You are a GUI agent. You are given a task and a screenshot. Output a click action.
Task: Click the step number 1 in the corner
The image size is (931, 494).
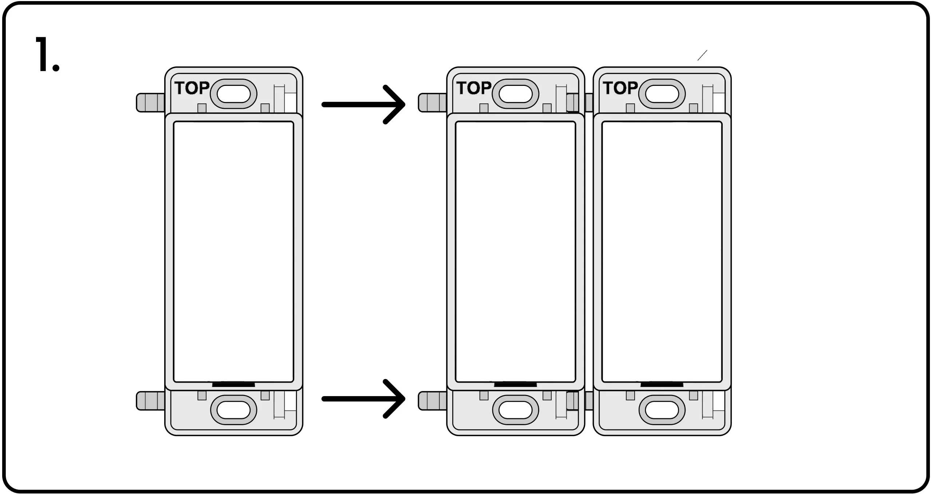click(x=47, y=55)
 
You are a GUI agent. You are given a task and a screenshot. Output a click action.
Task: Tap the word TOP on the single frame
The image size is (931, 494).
click(x=192, y=88)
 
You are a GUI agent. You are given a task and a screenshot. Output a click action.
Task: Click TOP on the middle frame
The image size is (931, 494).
click(x=474, y=88)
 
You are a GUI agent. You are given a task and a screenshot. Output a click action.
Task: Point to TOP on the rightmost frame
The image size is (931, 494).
click(x=620, y=88)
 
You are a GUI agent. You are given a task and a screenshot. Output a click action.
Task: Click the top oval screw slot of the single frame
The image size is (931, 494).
click(x=233, y=94)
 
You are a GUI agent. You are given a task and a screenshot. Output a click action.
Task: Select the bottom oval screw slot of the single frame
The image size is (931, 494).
click(x=233, y=410)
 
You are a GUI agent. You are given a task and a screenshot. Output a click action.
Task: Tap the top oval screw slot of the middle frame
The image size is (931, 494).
click(x=515, y=94)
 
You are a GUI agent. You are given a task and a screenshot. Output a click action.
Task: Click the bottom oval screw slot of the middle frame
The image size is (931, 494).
click(x=515, y=410)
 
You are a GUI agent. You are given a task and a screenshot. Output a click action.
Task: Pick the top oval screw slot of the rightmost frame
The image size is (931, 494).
click(x=662, y=94)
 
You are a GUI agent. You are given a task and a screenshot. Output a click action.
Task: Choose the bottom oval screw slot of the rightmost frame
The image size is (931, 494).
click(x=662, y=410)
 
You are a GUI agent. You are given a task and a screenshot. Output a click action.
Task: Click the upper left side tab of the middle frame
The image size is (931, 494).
click(x=432, y=103)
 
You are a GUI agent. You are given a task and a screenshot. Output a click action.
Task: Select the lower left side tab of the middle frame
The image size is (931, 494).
click(x=432, y=401)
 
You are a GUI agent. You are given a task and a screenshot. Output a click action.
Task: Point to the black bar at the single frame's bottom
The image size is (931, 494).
click(x=233, y=384)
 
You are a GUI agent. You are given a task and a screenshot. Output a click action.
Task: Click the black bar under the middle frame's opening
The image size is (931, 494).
click(x=515, y=384)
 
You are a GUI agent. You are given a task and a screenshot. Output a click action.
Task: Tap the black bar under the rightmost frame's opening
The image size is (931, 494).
click(x=662, y=384)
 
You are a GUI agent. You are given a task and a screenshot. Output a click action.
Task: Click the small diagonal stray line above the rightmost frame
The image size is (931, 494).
click(x=702, y=55)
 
